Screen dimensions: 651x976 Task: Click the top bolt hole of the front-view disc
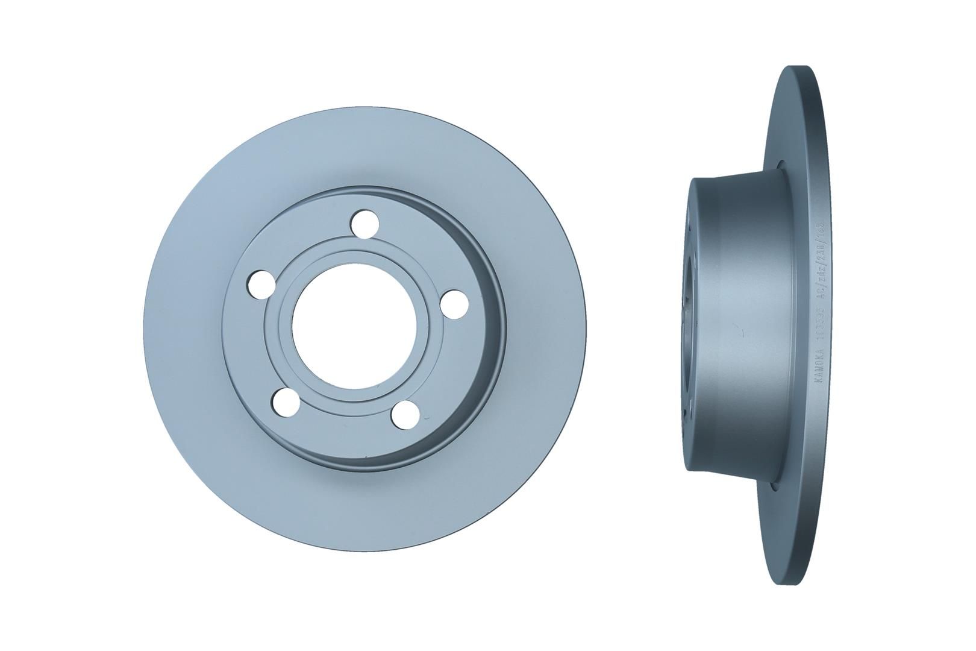[363, 224]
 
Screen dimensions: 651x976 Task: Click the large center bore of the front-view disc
[337, 329]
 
